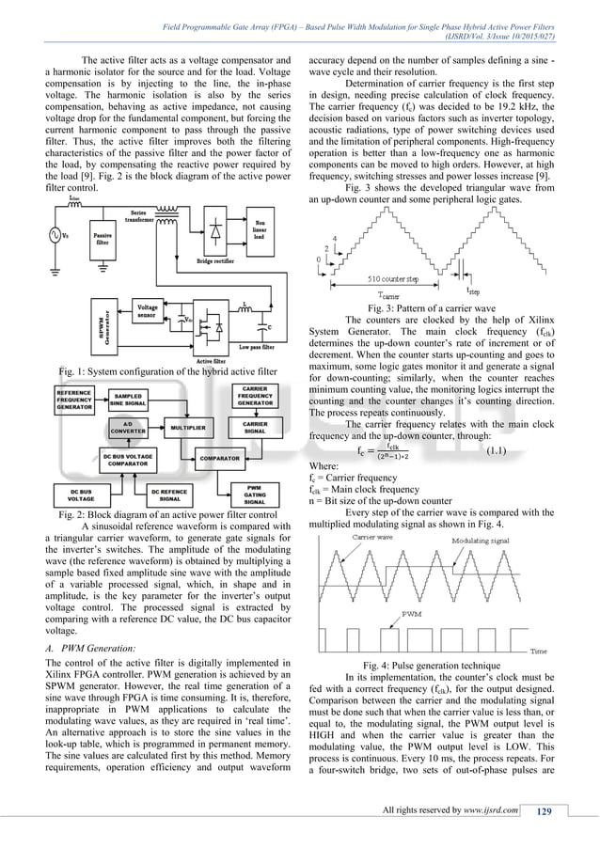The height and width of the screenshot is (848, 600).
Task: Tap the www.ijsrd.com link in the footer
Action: (x=485, y=812)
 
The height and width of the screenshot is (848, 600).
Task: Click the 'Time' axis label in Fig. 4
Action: (x=539, y=651)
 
